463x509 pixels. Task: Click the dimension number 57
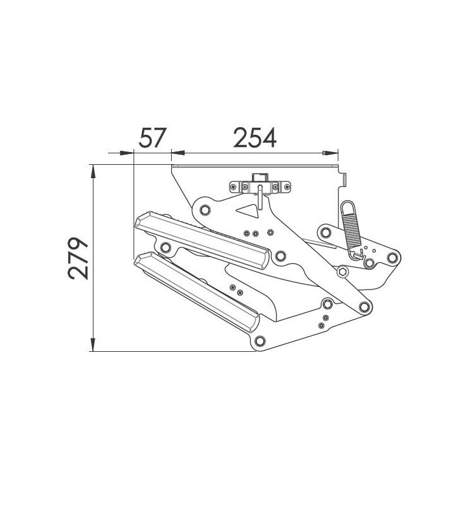pos(152,137)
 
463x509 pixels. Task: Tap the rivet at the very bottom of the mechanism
pos(258,341)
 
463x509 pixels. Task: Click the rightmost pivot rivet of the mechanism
pos(393,258)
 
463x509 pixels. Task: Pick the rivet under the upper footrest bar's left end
pos(166,247)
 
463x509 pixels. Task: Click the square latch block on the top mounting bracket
pos(259,179)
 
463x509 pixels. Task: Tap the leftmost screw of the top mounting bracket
pos(234,186)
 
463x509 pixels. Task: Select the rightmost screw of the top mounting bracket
pos(287,186)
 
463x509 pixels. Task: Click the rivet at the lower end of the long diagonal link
pos(364,308)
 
